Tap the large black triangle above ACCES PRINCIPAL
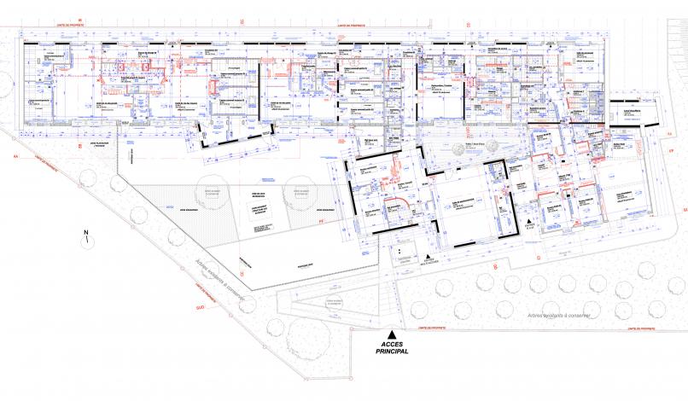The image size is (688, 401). coord(391,333)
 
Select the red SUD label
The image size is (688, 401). coord(200,304)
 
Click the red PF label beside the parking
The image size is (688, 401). coord(322,222)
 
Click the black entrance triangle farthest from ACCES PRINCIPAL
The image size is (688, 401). coord(531,221)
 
